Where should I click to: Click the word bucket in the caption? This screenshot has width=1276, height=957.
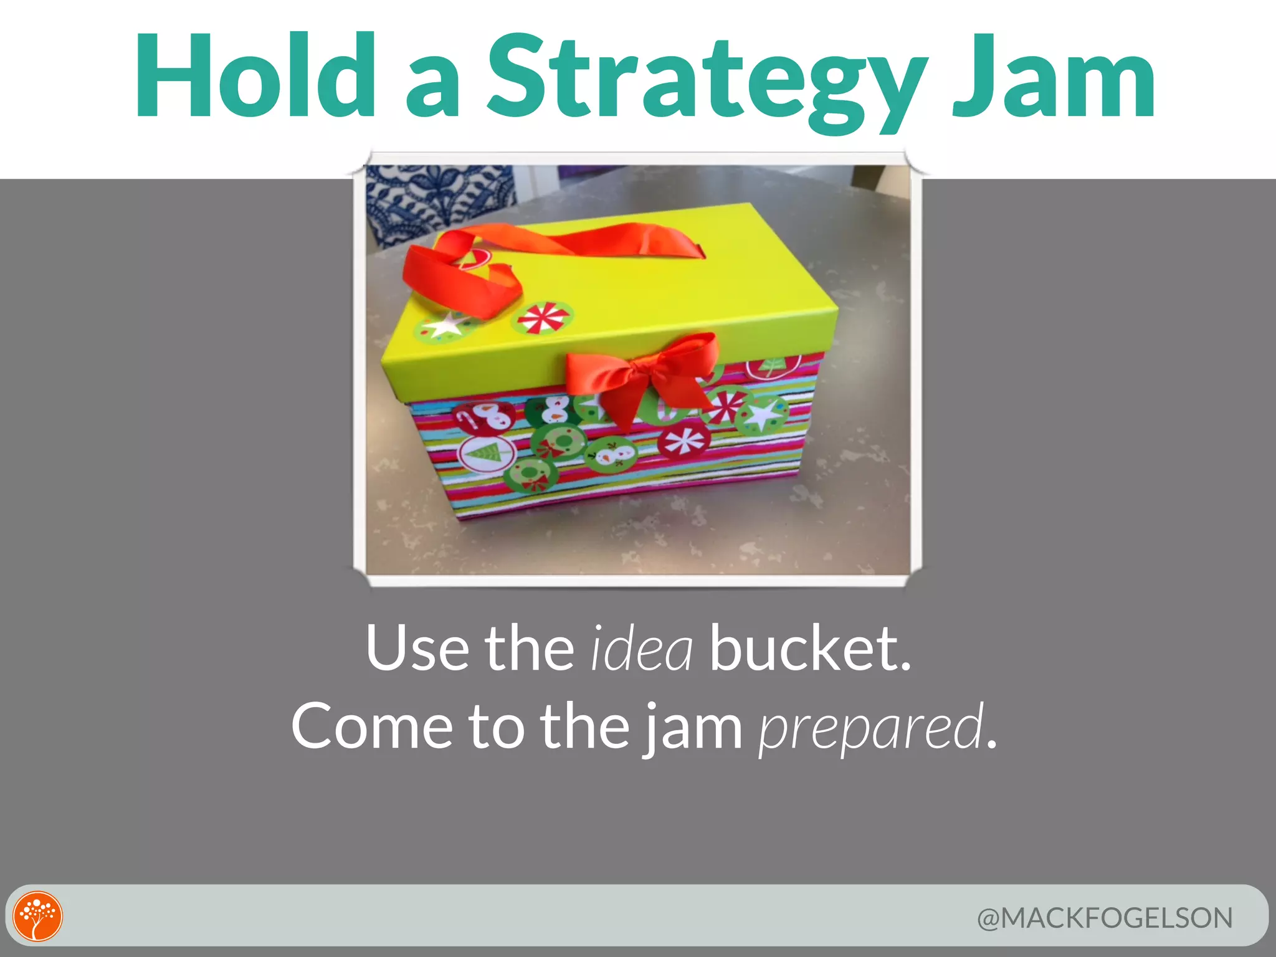click(x=810, y=648)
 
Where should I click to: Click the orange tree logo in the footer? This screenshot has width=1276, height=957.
click(x=38, y=916)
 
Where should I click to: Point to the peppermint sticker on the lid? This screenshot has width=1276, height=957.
click(x=542, y=317)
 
